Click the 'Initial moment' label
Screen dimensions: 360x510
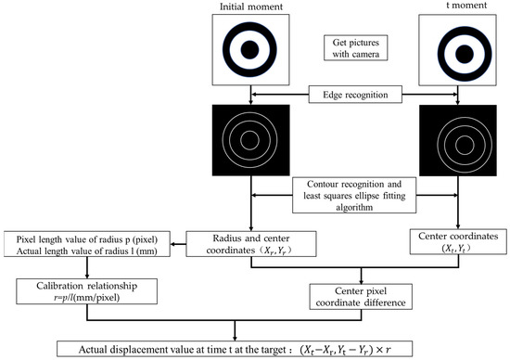coord(249,6)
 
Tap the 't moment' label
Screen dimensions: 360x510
coord(455,6)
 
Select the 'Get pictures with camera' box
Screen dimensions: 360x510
coord(351,50)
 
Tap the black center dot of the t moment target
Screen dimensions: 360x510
coord(455,50)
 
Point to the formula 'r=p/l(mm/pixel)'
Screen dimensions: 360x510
coord(82,299)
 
